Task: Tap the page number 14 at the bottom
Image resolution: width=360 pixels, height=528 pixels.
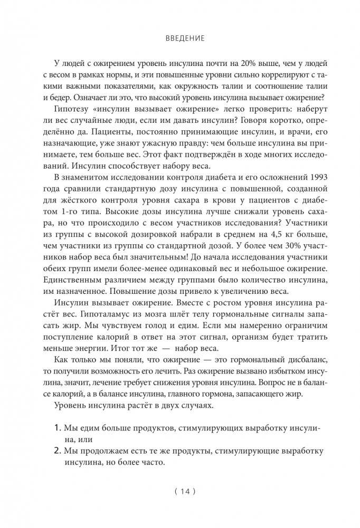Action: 181,492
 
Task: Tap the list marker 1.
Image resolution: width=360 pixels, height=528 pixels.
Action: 57,427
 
